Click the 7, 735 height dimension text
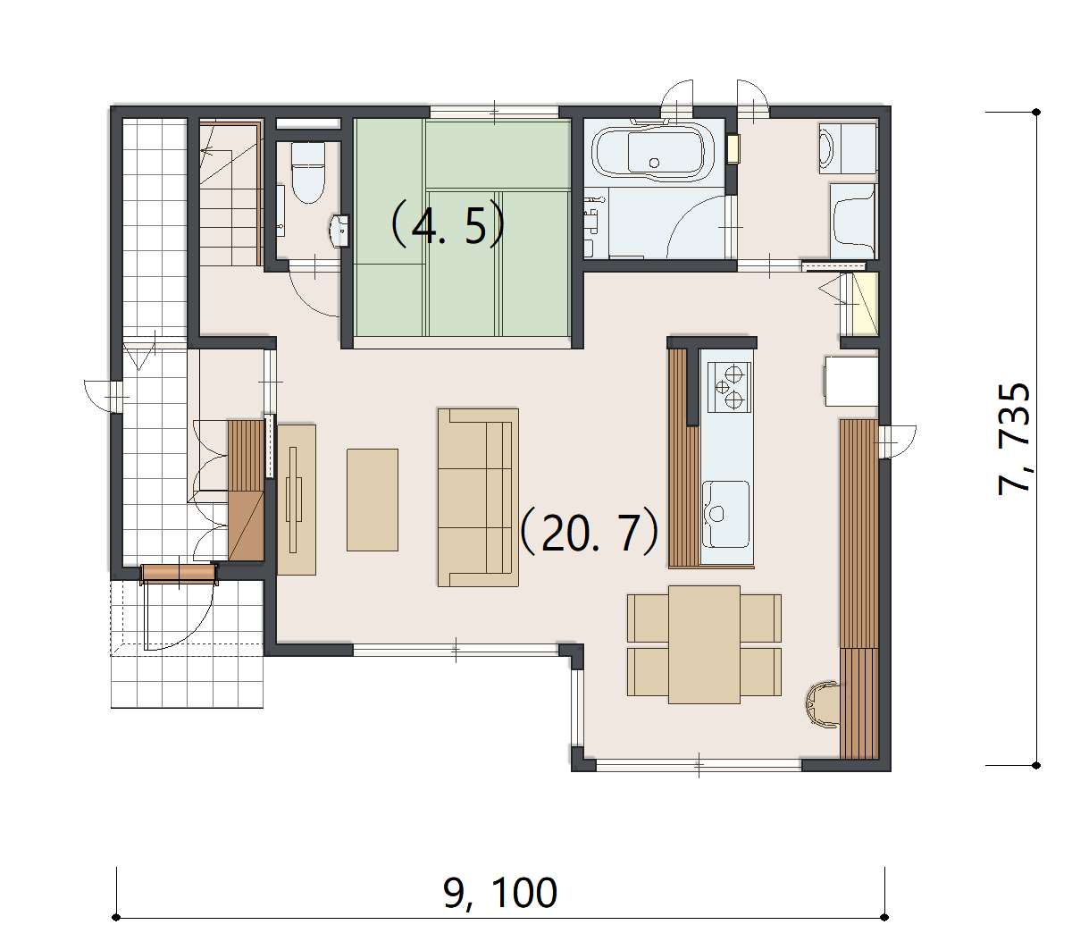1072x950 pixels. pos(1014,439)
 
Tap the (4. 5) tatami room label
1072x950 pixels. pos(447,224)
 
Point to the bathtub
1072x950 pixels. pos(655,153)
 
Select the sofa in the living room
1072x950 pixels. pos(478,497)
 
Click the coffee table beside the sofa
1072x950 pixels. pos(372,500)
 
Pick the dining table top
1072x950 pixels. pos(704,644)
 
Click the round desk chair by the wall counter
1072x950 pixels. pos(821,704)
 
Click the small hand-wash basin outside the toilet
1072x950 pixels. pos(339,231)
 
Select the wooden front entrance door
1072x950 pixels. pos(179,573)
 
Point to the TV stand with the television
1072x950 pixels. pos(297,499)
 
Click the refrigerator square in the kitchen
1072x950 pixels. pos(850,381)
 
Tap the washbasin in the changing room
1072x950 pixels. pos(847,148)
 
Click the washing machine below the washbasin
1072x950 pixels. pos(852,220)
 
